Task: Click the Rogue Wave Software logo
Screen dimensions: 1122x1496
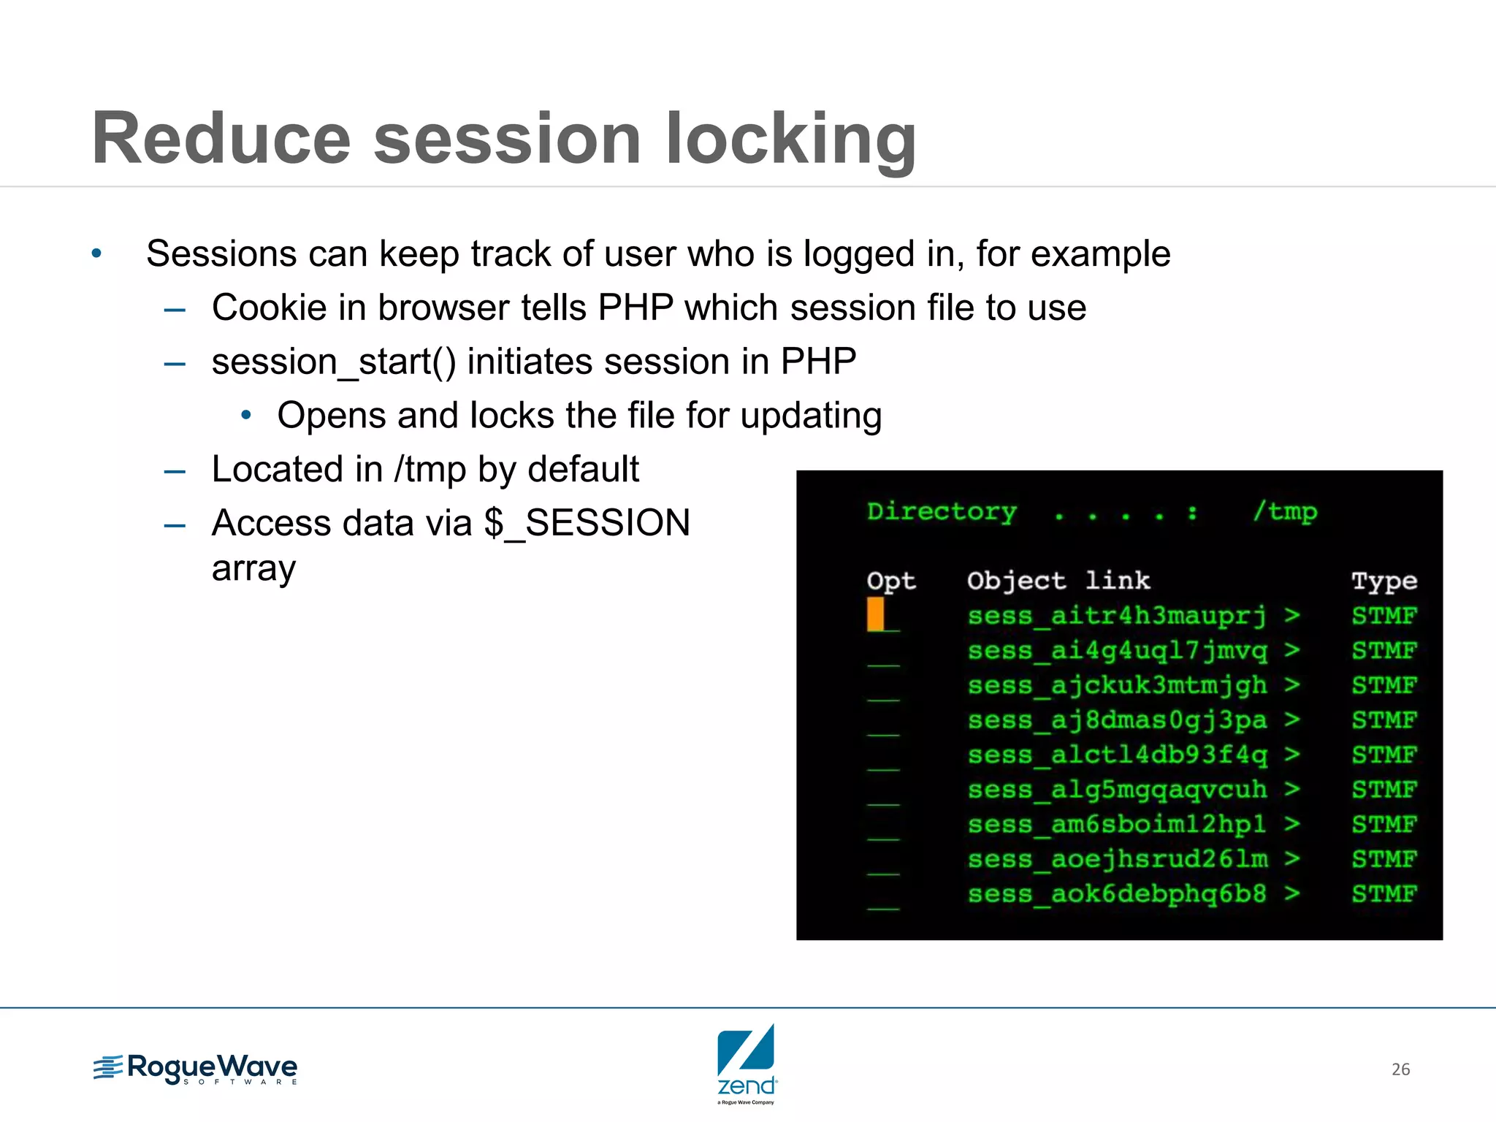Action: (196, 1069)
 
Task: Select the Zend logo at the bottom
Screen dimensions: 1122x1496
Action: (747, 1064)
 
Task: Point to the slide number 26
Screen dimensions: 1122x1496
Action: (1400, 1069)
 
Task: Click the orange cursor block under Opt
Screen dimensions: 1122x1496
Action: (875, 614)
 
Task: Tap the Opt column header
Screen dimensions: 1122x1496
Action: (890, 581)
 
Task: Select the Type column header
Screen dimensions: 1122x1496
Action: (1384, 581)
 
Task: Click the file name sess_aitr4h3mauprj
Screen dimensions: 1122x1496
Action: (1117, 616)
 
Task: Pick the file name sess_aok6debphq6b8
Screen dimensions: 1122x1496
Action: (1117, 894)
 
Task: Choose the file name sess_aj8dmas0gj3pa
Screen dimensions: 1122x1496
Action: (1117, 720)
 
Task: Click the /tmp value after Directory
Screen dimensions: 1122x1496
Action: (1286, 511)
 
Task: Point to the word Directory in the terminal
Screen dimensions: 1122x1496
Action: (942, 511)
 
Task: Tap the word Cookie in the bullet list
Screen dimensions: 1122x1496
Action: (269, 308)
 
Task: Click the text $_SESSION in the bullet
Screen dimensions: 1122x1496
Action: (587, 523)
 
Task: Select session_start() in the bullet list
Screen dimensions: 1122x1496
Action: (333, 362)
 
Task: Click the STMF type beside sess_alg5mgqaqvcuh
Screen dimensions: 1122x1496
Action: (1384, 790)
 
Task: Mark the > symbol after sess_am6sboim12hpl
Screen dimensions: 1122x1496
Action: (1292, 824)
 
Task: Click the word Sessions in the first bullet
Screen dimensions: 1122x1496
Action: (221, 254)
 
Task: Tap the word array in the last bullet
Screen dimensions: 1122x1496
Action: (253, 568)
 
